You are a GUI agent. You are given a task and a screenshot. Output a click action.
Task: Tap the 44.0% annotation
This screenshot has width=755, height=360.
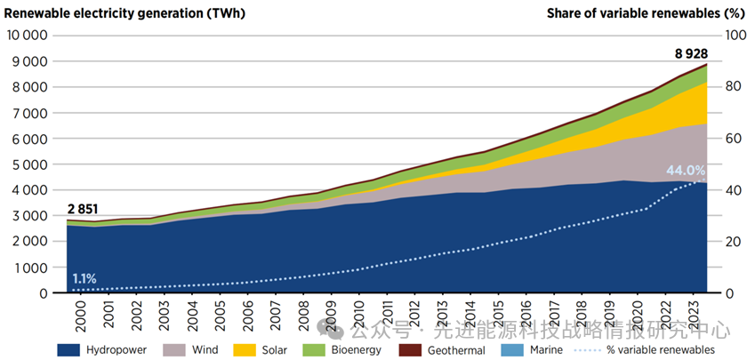[x=686, y=171]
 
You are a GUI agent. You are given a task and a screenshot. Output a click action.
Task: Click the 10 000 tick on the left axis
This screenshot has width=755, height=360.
[x=27, y=36]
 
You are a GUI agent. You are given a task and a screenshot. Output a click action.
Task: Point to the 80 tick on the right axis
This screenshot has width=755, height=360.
[x=734, y=87]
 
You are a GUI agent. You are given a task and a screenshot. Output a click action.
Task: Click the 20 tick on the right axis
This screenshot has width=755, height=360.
[x=734, y=242]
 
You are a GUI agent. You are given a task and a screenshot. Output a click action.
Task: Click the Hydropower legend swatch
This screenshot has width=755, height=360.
[x=69, y=349]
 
